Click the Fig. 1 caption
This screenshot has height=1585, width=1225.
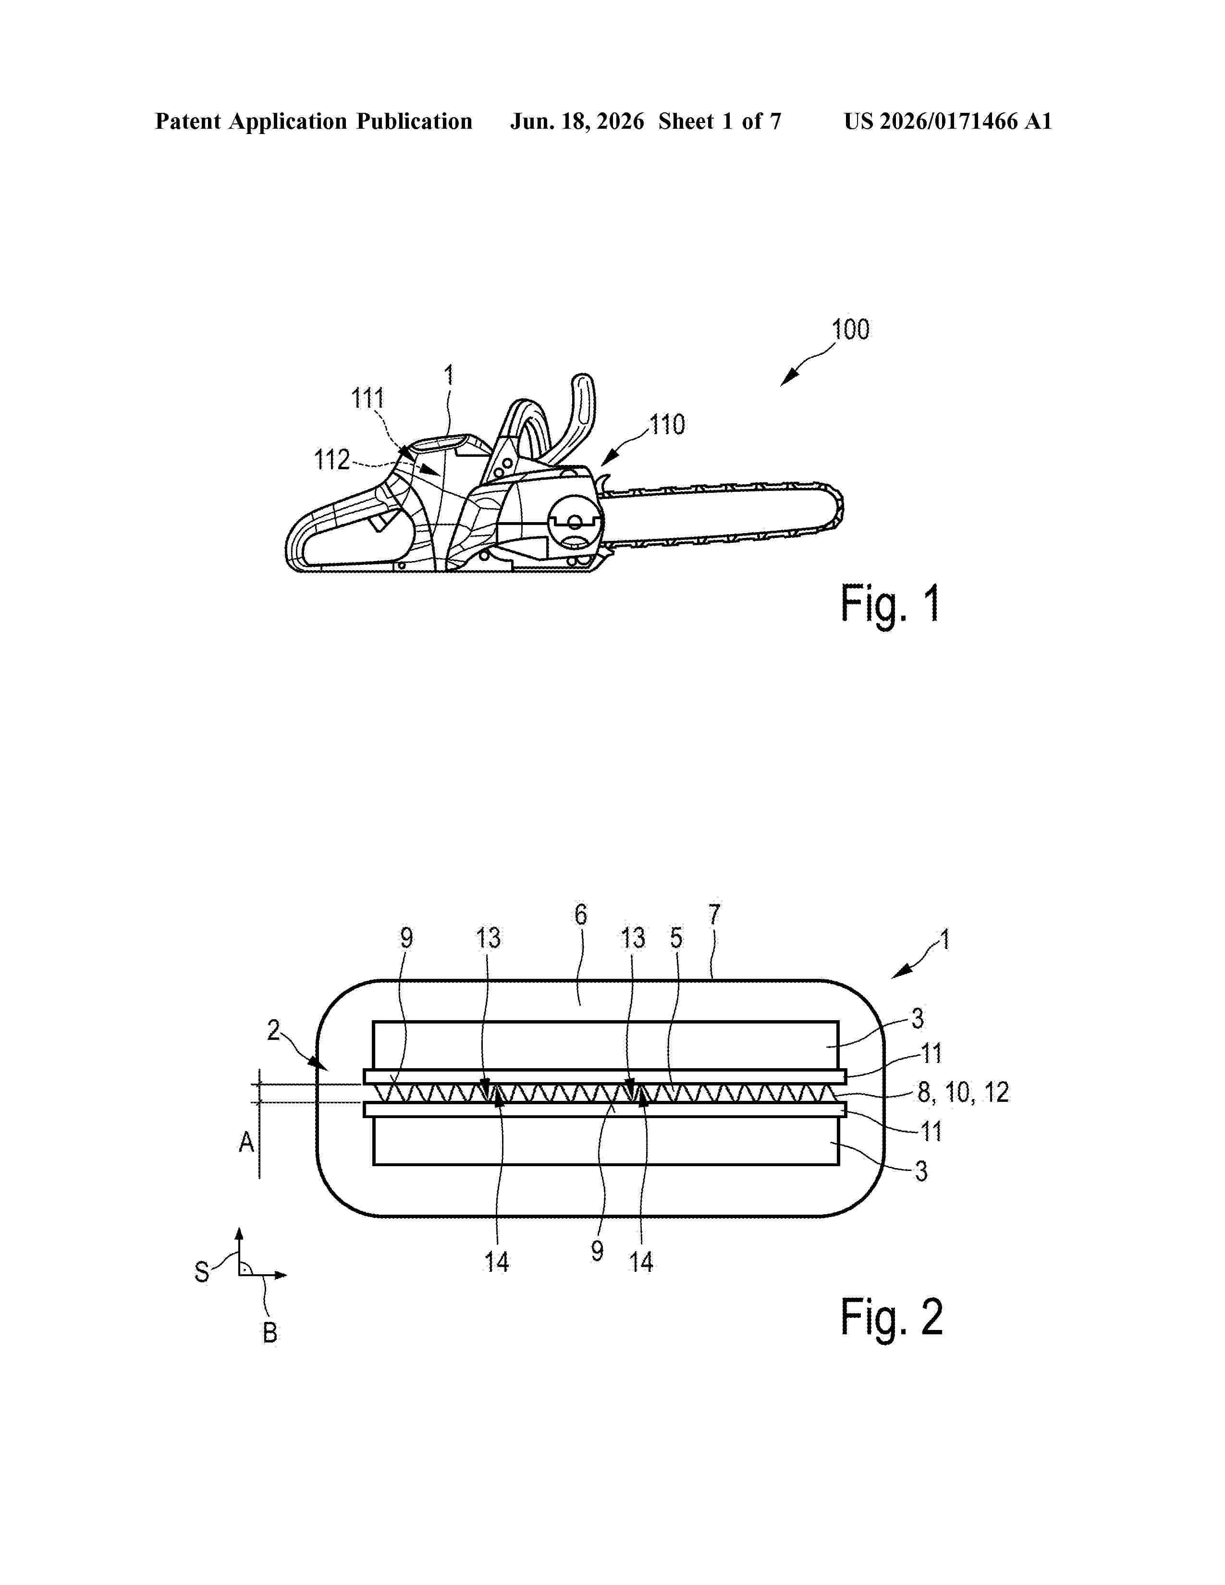coord(891,604)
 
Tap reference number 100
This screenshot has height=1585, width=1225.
coord(850,330)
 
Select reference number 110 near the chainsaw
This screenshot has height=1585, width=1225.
coord(667,425)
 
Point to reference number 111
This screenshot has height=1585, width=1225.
coord(367,399)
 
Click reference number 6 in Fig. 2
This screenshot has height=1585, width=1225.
coord(581,915)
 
